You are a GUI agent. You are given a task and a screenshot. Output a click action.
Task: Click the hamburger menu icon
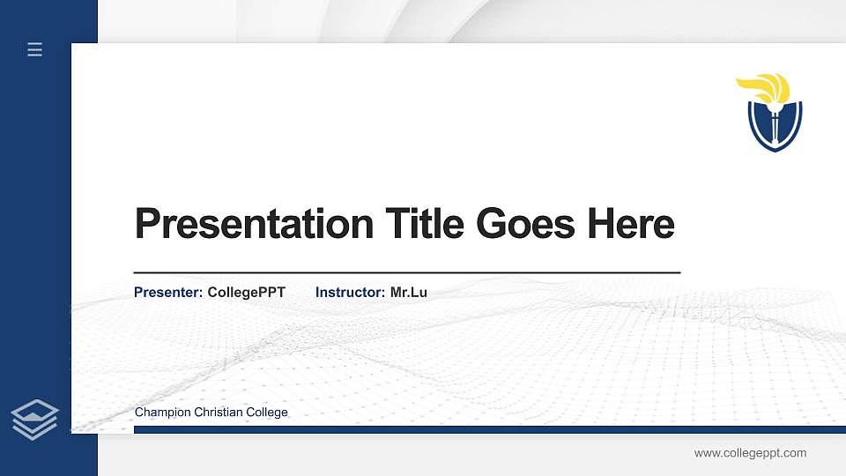[34, 50]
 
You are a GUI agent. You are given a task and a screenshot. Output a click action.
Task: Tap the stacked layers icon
[34, 419]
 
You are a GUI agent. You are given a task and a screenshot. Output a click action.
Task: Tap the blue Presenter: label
[168, 292]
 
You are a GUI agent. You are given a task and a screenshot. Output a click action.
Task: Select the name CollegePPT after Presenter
[246, 292]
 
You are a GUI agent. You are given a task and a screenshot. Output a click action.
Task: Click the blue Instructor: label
[350, 292]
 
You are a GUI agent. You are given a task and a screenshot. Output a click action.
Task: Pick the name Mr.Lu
[409, 292]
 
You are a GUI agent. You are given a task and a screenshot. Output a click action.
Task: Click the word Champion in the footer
[160, 413]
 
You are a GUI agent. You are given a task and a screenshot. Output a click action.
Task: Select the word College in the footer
[266, 413]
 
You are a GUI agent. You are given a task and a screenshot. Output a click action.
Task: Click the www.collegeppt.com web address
[750, 453]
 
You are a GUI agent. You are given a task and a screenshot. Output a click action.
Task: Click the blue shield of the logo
[759, 128]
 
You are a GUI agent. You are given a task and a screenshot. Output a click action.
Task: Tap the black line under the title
[406, 273]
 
